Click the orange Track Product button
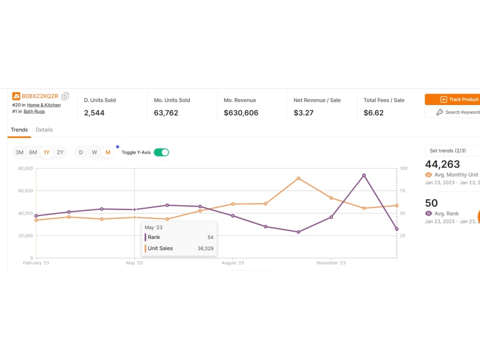pyautogui.click(x=453, y=99)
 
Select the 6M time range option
pyautogui.click(x=33, y=152)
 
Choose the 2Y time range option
pyautogui.click(x=60, y=152)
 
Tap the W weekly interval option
pyautogui.click(x=94, y=152)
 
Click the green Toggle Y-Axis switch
pyautogui.click(x=161, y=152)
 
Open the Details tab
pyautogui.click(x=44, y=130)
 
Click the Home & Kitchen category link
pyautogui.click(x=44, y=105)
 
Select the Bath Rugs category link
pyautogui.click(x=34, y=111)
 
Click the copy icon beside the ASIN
pyautogui.click(x=65, y=96)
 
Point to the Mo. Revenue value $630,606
pyautogui.click(x=241, y=113)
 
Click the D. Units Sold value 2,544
pyautogui.click(x=94, y=113)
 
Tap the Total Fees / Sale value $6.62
pyautogui.click(x=373, y=113)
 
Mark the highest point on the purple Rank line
pyautogui.click(x=364, y=175)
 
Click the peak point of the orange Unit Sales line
pyautogui.click(x=299, y=178)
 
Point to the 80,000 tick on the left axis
pyautogui.click(x=25, y=168)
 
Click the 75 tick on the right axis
pyautogui.click(x=403, y=191)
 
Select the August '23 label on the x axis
pyautogui.click(x=233, y=263)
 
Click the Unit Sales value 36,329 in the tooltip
pyautogui.click(x=205, y=248)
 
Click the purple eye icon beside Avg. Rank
pyautogui.click(x=429, y=214)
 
